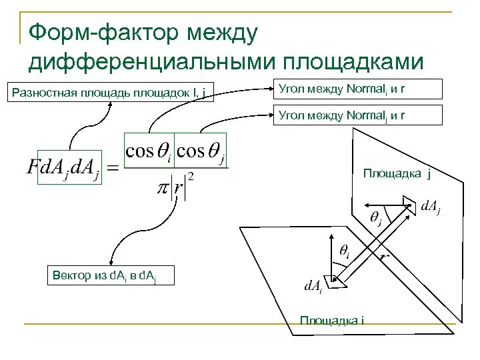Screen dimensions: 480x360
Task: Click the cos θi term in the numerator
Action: pos(147,152)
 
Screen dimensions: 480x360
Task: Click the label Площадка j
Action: pos(397,175)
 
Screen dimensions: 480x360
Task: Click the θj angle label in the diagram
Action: pos(375,219)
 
